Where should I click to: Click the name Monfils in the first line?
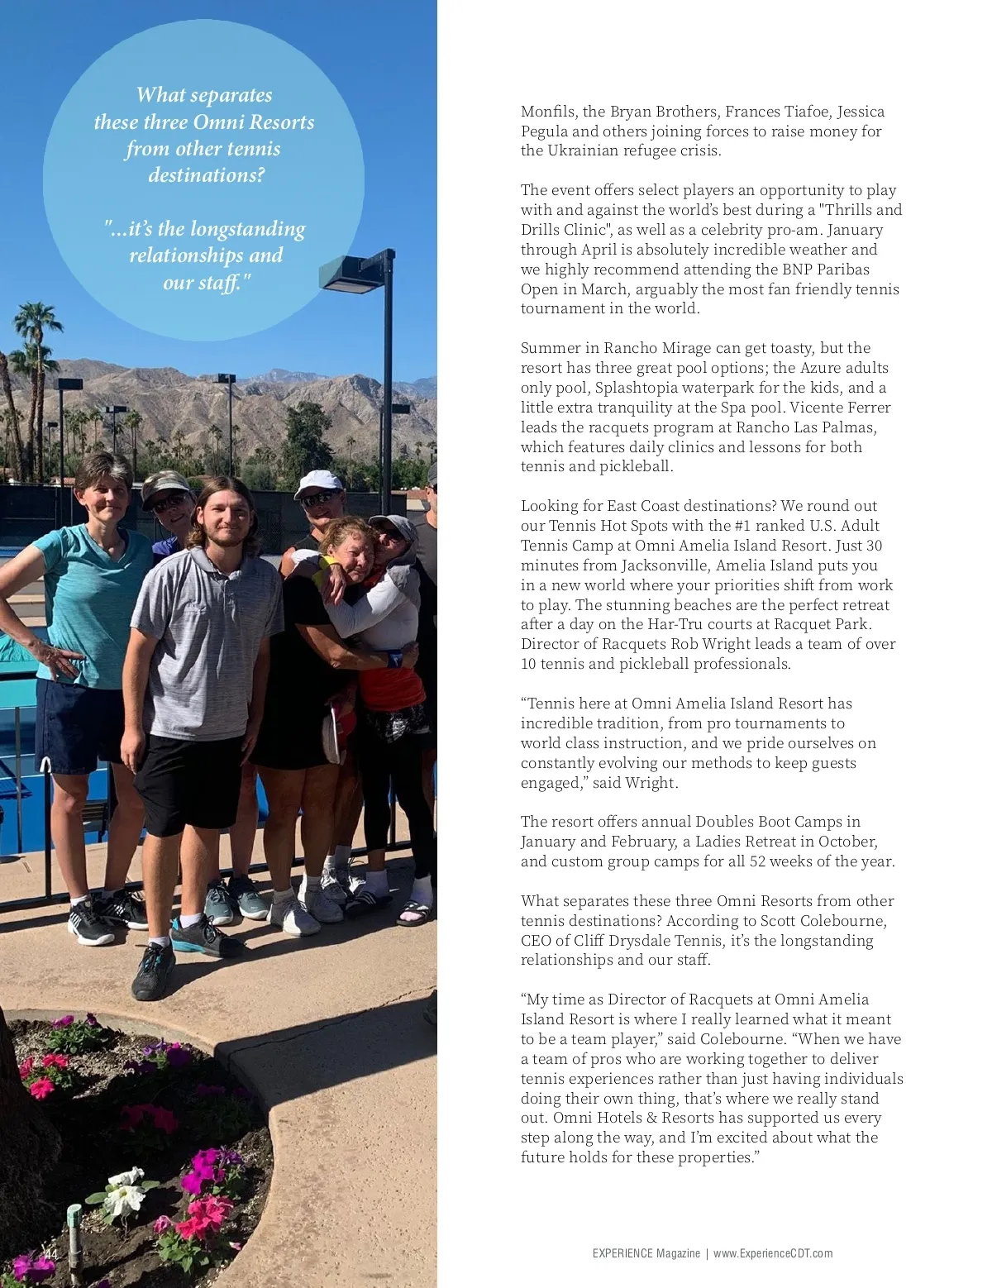point(547,112)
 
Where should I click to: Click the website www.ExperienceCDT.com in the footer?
point(773,1253)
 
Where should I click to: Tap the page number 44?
point(51,1255)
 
